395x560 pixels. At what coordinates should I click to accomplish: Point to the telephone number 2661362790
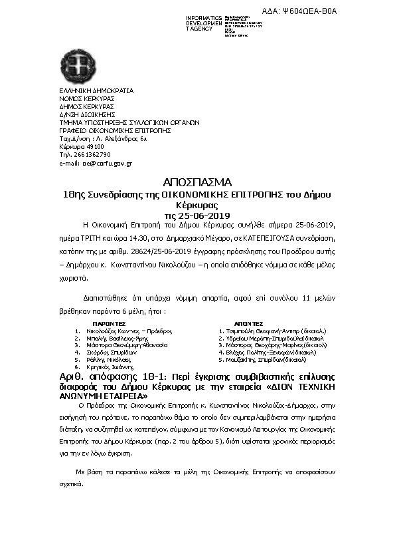coord(89,154)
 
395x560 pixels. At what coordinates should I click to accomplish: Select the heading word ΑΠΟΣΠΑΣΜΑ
coord(197,182)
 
